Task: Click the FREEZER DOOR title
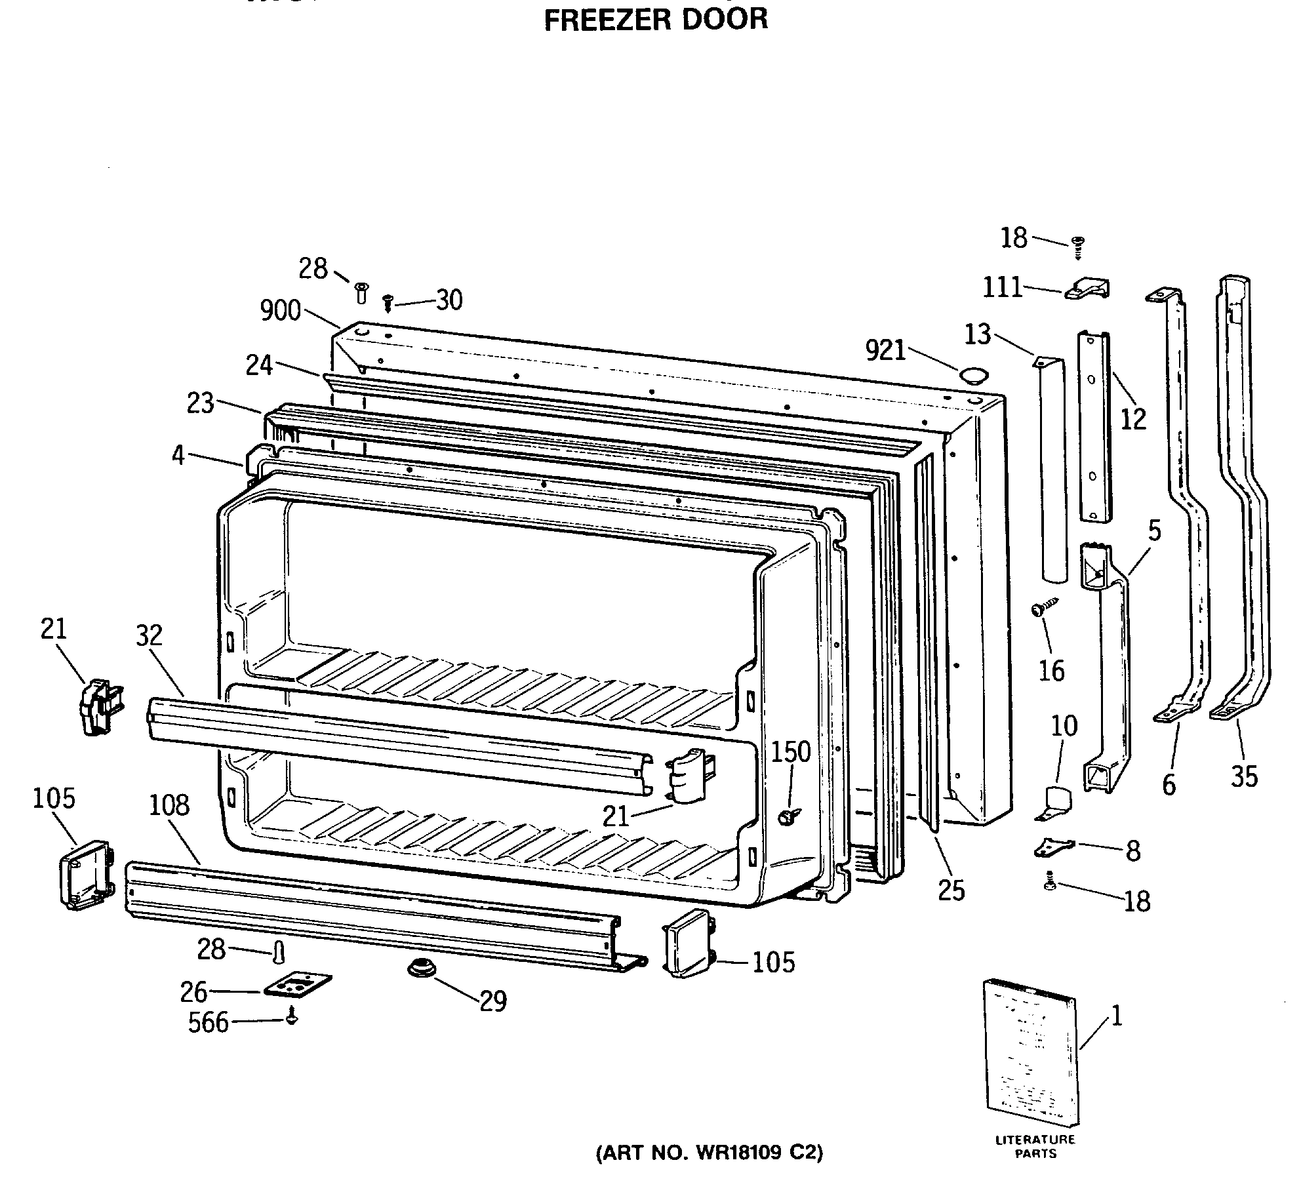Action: [656, 19]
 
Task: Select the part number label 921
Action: [885, 351]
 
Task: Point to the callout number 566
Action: [208, 1022]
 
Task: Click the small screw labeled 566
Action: [292, 1019]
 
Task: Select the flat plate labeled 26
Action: [298, 986]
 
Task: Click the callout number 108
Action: [169, 805]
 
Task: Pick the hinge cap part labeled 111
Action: [1087, 289]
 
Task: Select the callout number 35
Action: [1244, 777]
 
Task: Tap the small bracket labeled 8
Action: [1054, 848]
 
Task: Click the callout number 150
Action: [790, 752]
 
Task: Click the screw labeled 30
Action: [388, 303]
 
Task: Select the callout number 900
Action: [280, 310]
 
